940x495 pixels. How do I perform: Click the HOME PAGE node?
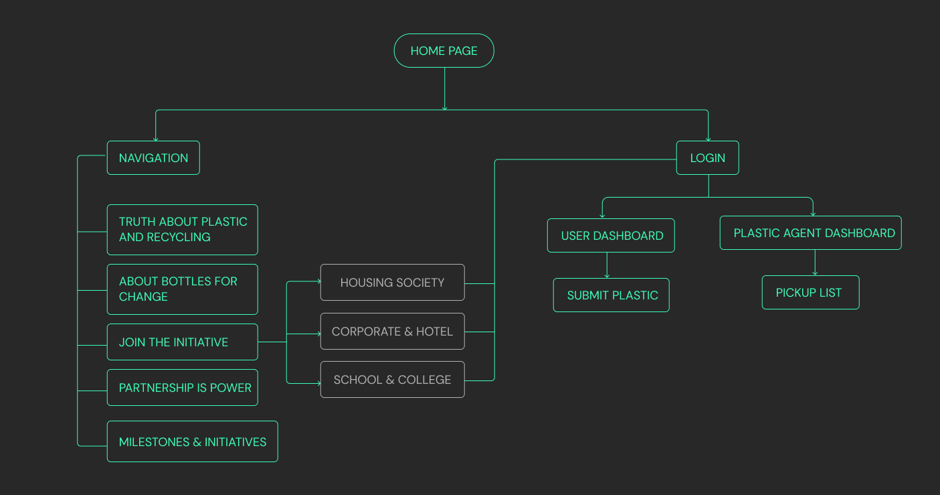coord(444,51)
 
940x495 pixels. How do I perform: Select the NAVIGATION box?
coord(153,158)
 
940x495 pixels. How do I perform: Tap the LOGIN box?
coord(707,158)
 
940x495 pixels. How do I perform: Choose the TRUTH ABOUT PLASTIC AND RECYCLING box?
coord(182,230)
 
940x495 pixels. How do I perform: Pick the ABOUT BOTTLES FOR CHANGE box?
coord(182,289)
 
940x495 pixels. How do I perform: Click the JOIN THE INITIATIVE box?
coord(182,342)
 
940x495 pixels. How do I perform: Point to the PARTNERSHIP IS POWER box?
coord(182,388)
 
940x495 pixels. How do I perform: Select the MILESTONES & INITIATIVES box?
coord(192,441)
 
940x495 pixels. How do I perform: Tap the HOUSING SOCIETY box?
coord(392,283)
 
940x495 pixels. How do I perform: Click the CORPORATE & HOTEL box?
coord(392,332)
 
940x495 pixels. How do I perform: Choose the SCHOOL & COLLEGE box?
coord(392,380)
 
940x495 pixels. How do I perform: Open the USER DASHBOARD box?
coord(611,236)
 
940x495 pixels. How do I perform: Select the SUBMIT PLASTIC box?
coord(611,295)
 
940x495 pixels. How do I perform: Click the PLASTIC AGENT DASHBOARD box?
coord(810,233)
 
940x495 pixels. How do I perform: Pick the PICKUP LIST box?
coord(810,293)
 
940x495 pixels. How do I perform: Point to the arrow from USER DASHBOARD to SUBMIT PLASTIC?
coord(607,265)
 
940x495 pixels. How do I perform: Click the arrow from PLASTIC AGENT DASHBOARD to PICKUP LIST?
coord(815,263)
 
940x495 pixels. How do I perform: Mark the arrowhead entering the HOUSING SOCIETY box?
coord(318,282)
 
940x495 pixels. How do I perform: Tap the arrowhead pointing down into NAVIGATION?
coord(156,138)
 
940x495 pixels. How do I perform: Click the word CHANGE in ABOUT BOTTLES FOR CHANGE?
coord(143,297)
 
